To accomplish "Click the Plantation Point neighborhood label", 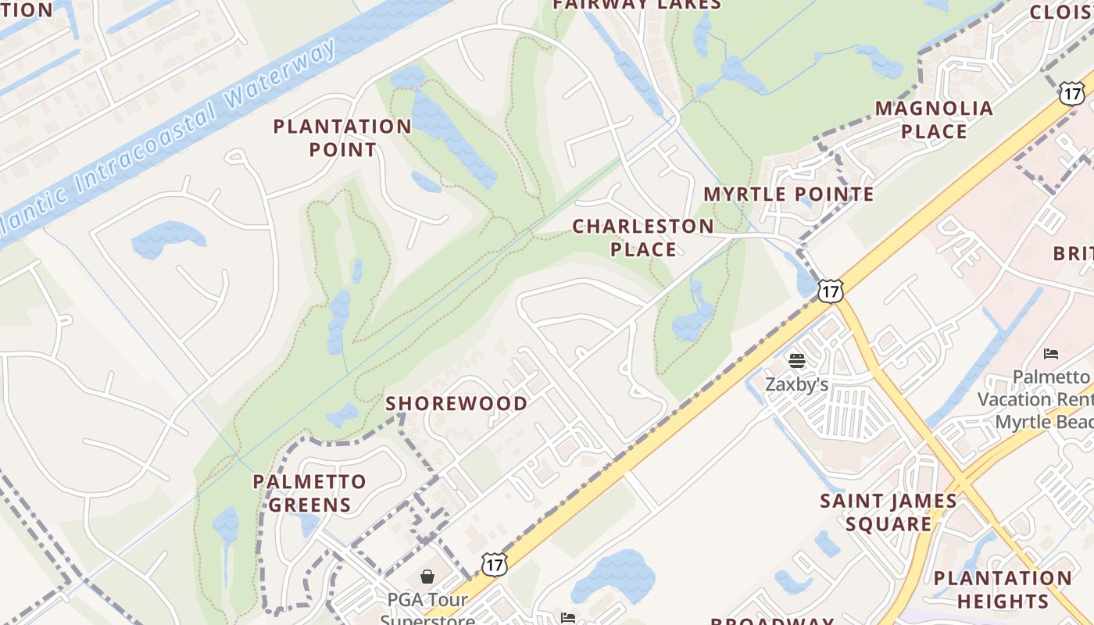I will [342, 137].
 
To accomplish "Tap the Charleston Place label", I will [643, 237].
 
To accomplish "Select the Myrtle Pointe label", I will [788, 194].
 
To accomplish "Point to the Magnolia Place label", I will [934, 120].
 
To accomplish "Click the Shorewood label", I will [456, 403].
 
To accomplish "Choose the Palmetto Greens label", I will [309, 493].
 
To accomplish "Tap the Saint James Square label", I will [888, 512].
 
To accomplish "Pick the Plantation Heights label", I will [1003, 590].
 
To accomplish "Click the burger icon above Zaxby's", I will [796, 361].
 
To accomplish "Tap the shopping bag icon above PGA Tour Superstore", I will [427, 577].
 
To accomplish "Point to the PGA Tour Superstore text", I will [427, 609].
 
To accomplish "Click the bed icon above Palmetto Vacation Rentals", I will [1051, 354].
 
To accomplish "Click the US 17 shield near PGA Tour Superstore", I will [495, 564].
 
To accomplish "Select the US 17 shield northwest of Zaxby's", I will [831, 291].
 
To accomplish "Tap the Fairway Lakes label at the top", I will [637, 5].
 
